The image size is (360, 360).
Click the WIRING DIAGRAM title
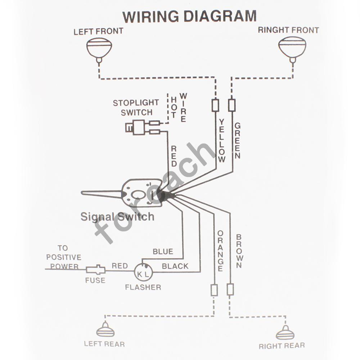[189, 17]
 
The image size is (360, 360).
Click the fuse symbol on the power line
[95, 269]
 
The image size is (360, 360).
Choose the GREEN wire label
[237, 140]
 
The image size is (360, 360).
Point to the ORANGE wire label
[220, 251]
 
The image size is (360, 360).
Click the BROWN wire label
[239, 251]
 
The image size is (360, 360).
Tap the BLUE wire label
[163, 251]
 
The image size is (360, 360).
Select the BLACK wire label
[175, 266]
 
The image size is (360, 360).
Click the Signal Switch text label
[117, 217]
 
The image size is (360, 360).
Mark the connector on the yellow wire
[216, 105]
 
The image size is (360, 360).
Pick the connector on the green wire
[232, 105]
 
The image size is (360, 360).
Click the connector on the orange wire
[214, 289]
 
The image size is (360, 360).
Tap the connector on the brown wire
[230, 289]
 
